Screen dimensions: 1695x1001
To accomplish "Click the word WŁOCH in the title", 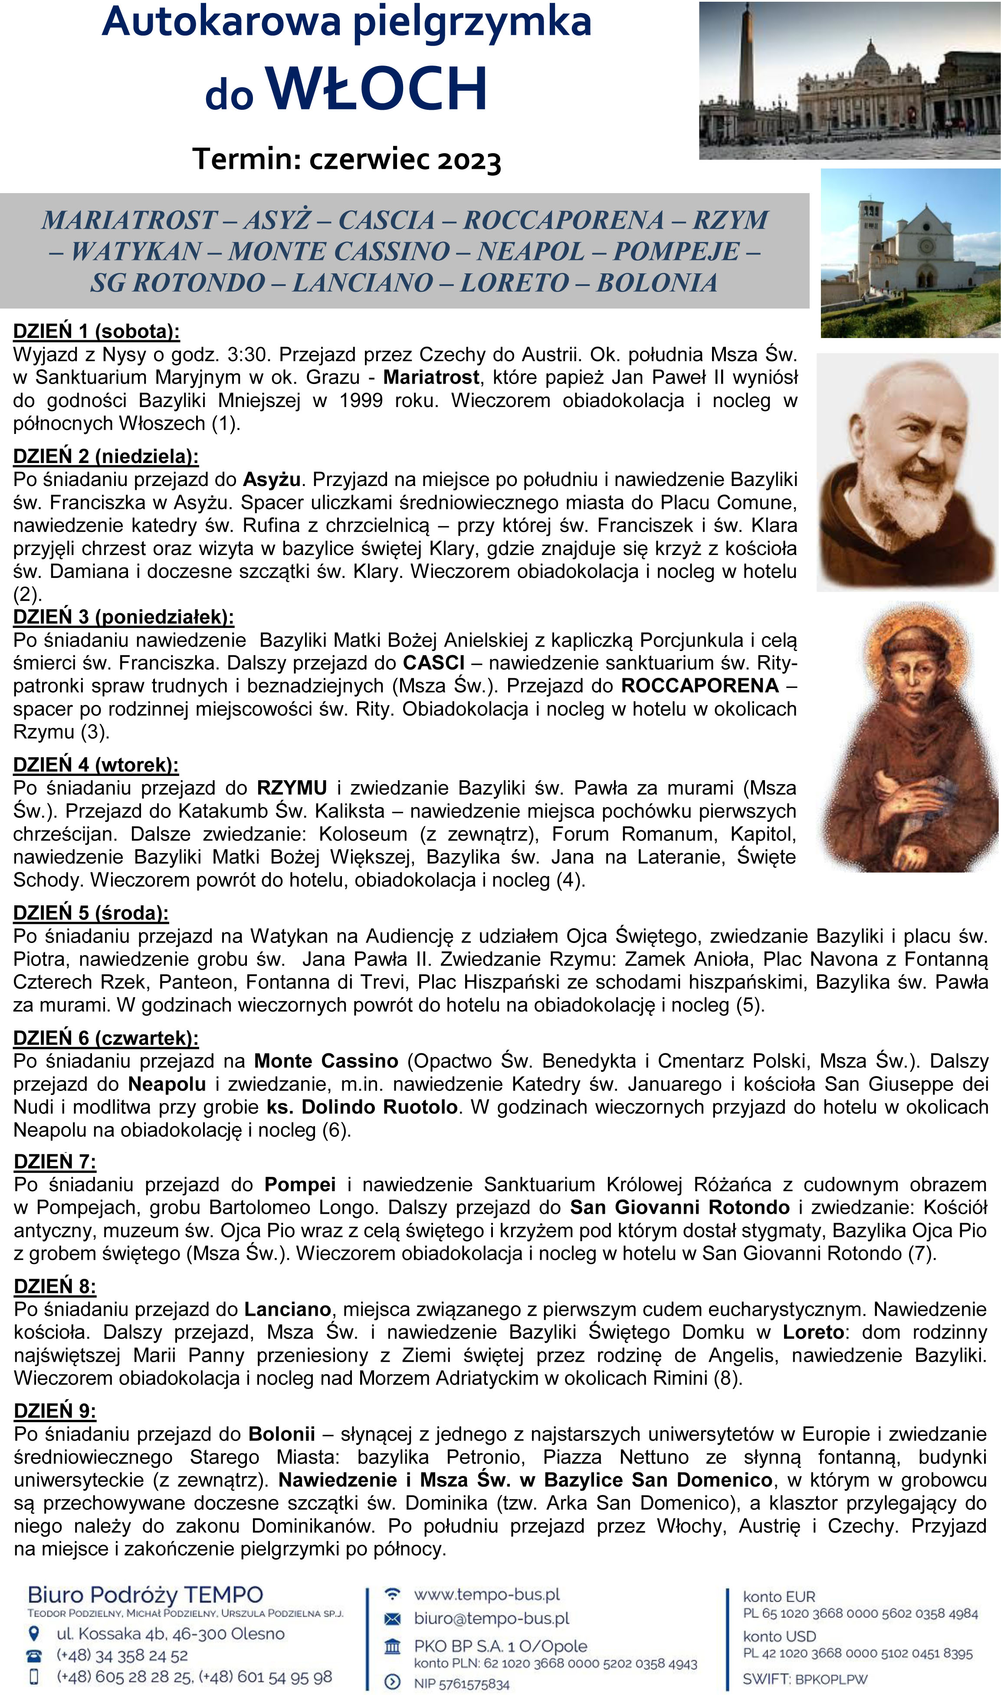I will tap(376, 89).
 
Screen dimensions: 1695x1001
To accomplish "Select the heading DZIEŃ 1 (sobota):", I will tap(96, 331).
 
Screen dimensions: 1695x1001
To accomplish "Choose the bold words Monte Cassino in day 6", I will tap(326, 1061).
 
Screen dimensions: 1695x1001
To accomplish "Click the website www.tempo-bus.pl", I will tap(487, 1595).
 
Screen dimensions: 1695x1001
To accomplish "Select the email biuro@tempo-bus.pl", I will tap(491, 1618).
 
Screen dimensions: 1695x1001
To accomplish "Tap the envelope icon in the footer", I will tap(392, 1619).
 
